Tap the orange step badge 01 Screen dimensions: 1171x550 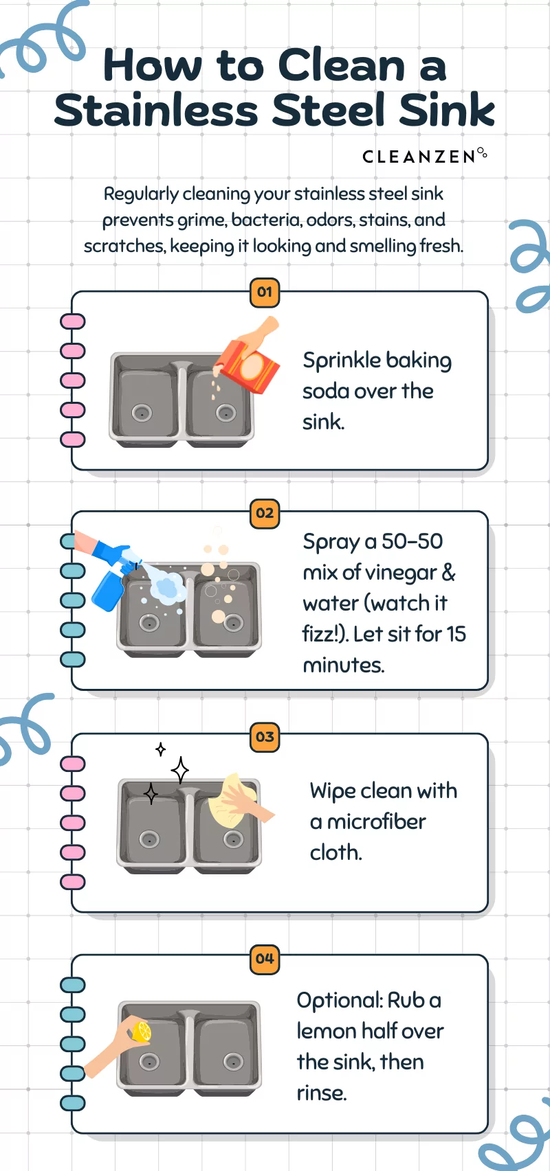[x=265, y=292]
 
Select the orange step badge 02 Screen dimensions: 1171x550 [x=265, y=513]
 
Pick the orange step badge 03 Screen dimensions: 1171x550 [x=265, y=737]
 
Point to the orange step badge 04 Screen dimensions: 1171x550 [x=265, y=958]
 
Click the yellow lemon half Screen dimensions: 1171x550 [x=142, y=1031]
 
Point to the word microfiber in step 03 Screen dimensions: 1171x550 [x=376, y=821]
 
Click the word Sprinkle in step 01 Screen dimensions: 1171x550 [x=342, y=361]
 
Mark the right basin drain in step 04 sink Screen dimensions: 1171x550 [x=233, y=1061]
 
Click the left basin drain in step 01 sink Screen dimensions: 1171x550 [x=142, y=412]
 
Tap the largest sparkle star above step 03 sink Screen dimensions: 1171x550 [x=180, y=770]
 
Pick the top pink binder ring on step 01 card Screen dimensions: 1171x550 [x=73, y=321]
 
